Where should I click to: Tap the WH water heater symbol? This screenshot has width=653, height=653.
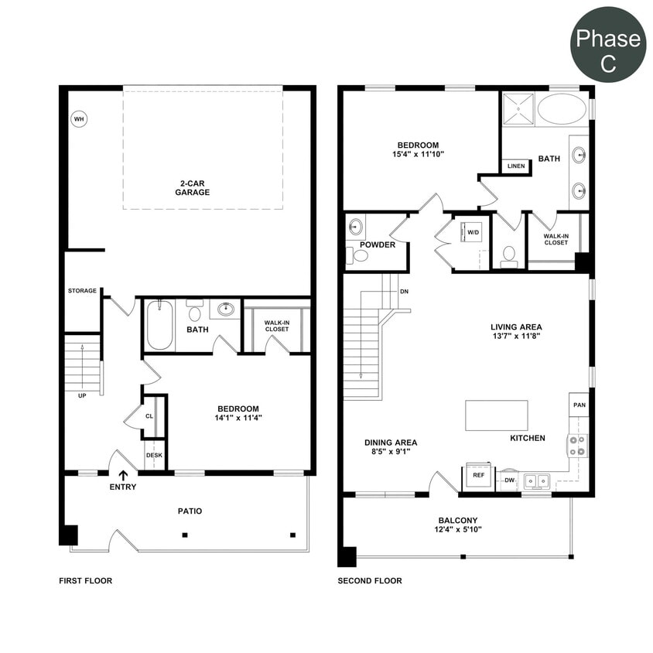coord(78,119)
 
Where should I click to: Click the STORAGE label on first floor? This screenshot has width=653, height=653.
coord(82,291)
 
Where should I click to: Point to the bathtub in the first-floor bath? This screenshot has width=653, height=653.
coord(159,325)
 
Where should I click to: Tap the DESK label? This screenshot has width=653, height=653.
coord(154,455)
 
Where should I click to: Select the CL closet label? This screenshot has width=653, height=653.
coord(149,415)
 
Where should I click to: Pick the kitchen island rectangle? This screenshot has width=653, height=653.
coord(496,415)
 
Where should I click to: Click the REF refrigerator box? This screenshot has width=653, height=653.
coord(478,476)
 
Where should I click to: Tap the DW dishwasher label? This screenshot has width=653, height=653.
coord(509,480)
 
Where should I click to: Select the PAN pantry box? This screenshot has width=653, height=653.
coord(578,404)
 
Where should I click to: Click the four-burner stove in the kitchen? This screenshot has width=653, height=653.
coord(577,445)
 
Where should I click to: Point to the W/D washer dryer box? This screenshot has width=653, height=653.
coord(473,231)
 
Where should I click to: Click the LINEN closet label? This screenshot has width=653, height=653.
coord(515,166)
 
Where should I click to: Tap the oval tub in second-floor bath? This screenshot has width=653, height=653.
coord(562,109)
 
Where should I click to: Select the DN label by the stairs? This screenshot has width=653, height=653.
coord(404,292)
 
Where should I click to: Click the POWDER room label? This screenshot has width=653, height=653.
coord(377,244)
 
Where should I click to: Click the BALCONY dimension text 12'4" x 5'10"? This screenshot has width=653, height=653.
coord(457,530)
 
